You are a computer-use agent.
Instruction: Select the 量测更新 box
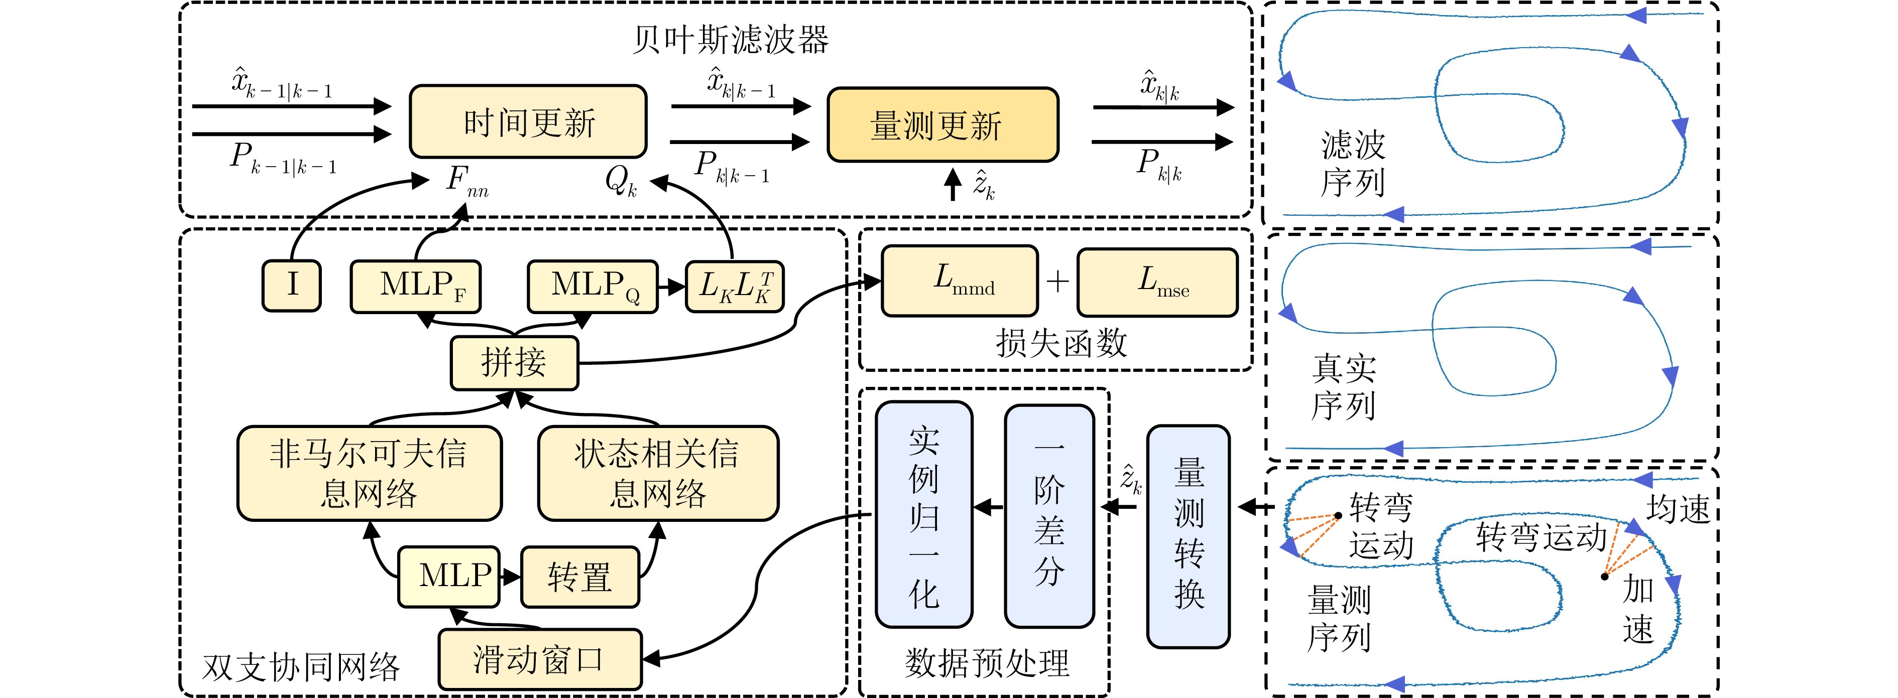point(942,125)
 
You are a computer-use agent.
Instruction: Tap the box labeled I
point(292,286)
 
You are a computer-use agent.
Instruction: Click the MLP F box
point(416,286)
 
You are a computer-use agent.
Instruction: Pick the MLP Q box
point(592,286)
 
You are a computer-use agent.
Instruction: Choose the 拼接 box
point(514,363)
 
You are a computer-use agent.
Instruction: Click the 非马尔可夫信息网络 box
point(369,473)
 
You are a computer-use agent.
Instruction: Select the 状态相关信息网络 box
point(658,473)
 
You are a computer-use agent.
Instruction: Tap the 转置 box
point(580,577)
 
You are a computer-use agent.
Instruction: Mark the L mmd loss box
point(960,282)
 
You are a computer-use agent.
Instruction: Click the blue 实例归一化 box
point(924,514)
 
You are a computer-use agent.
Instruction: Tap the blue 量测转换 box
point(1189,536)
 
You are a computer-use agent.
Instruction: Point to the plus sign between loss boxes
point(1057,282)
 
